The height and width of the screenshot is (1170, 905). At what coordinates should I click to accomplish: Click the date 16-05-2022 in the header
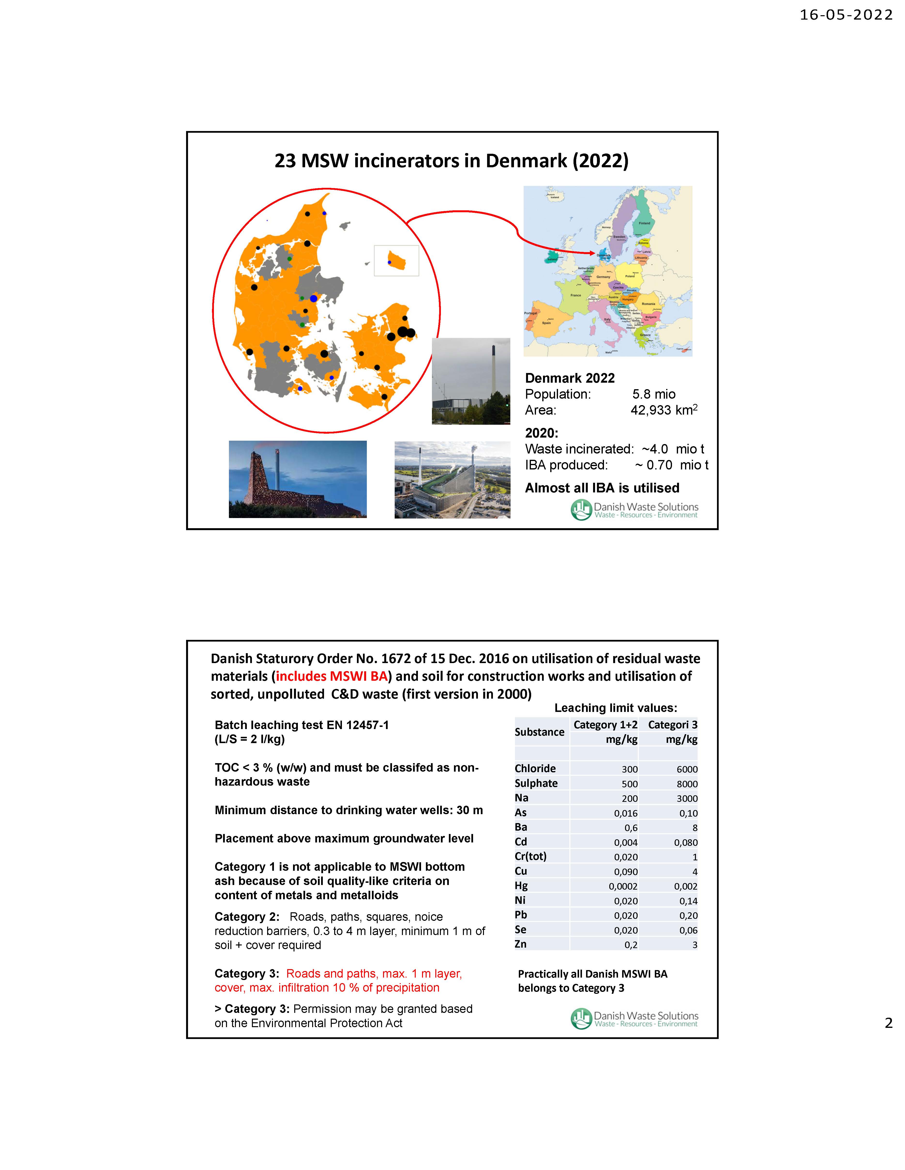click(846, 15)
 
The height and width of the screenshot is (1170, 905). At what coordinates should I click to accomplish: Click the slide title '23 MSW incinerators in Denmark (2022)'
click(452, 161)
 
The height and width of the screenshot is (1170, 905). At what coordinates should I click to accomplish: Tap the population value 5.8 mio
click(654, 394)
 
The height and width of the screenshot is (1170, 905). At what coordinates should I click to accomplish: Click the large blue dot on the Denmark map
click(314, 298)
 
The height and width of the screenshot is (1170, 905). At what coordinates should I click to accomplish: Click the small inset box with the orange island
click(396, 261)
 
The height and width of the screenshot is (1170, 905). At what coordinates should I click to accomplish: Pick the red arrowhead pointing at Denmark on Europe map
click(592, 253)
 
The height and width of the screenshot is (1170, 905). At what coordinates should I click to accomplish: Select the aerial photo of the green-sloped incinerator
click(452, 479)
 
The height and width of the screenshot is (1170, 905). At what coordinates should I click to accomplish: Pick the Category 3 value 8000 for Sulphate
click(687, 784)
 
